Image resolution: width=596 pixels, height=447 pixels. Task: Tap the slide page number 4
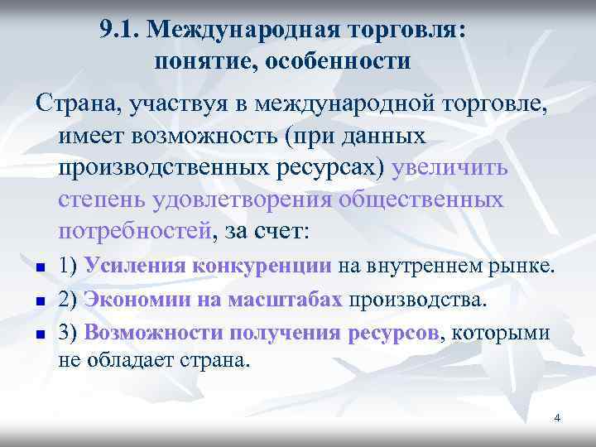(557, 418)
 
